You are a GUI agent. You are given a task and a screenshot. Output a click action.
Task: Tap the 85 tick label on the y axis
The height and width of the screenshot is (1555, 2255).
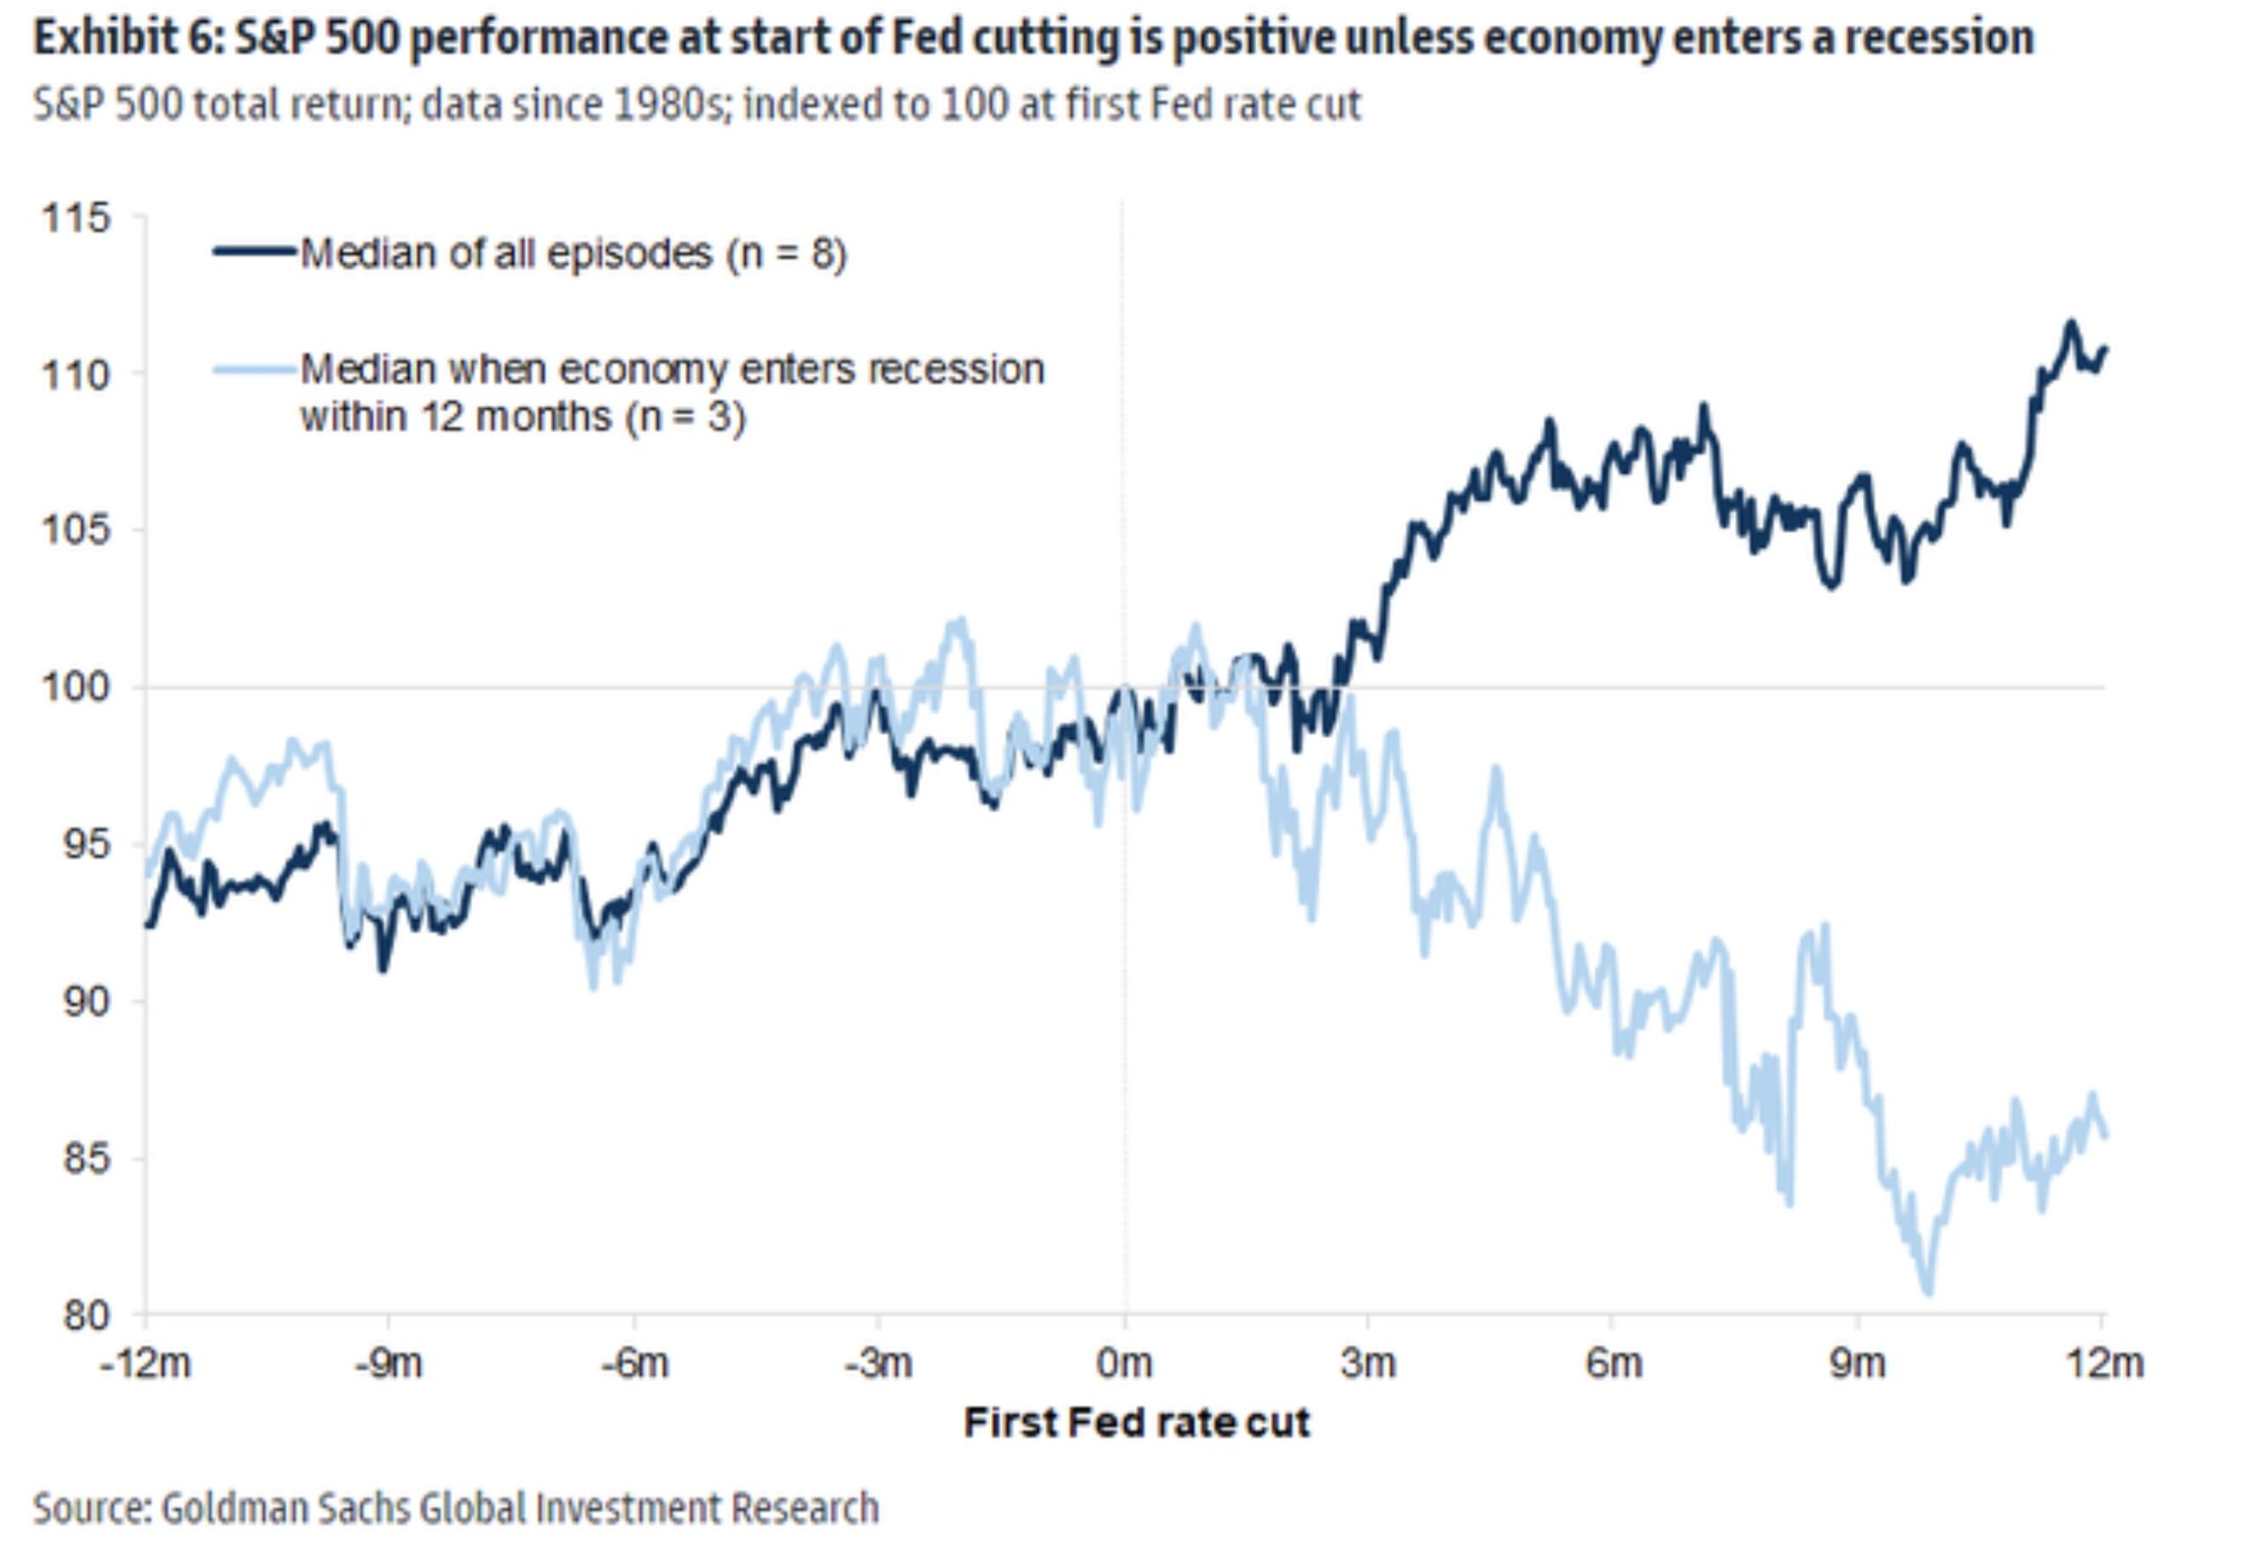[85, 1159]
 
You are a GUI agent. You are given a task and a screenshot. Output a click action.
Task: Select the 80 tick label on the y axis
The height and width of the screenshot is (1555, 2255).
[85, 1316]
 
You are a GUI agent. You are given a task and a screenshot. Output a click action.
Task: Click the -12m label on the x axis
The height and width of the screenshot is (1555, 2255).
[145, 1364]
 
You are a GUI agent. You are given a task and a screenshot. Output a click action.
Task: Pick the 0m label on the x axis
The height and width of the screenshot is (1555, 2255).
[1124, 1364]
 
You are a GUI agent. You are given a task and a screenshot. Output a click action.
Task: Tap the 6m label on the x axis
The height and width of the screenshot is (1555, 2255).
[1613, 1364]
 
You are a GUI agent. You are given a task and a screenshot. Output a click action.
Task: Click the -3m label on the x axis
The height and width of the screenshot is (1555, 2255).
[877, 1364]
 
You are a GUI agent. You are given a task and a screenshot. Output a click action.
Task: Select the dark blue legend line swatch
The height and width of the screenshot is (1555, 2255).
[255, 251]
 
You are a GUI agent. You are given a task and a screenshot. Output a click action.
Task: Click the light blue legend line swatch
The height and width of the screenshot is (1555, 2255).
[255, 368]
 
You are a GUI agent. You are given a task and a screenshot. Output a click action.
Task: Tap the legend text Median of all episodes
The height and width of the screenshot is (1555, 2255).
[506, 254]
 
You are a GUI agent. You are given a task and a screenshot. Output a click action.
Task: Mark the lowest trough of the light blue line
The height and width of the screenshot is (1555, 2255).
[1927, 1292]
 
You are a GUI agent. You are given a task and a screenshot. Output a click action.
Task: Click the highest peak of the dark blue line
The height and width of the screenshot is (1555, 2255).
[2071, 322]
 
